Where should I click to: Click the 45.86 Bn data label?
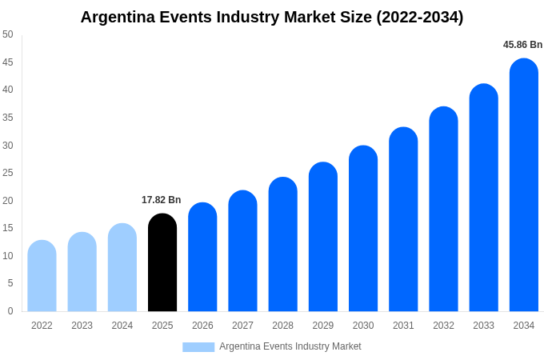click(522, 45)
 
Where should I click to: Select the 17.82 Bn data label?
click(162, 200)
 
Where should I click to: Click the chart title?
click(272, 17)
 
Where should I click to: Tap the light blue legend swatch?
click(198, 346)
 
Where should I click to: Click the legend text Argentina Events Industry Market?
click(290, 346)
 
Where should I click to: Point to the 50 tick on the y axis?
click(8, 34)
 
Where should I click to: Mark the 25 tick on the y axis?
click(8, 173)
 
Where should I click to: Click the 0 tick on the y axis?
click(10, 311)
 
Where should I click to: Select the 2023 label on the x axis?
click(82, 326)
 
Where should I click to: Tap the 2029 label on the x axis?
click(323, 326)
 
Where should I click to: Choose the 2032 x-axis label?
click(443, 326)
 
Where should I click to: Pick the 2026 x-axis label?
click(202, 326)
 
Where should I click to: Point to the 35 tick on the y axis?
click(8, 118)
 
